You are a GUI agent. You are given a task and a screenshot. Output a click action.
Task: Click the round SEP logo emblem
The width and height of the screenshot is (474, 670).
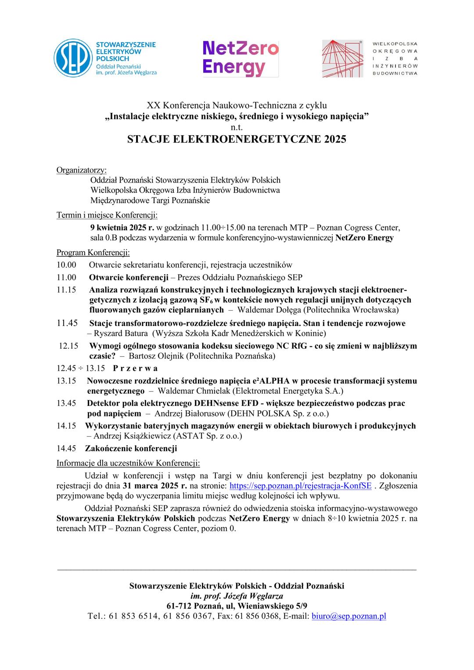pos(73,58)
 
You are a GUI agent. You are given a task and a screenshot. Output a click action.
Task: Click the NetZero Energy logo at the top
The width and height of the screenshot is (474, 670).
pos(241,58)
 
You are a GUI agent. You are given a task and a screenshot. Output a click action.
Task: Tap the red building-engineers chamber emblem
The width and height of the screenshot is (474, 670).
pos(343,58)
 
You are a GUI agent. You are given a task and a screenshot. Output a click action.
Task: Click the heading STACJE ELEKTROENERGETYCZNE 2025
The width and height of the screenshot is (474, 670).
pos(237,140)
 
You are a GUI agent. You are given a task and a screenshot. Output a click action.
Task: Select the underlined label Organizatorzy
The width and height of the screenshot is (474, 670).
pos(81,170)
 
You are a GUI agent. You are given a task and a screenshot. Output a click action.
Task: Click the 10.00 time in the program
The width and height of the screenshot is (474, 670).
pos(66,265)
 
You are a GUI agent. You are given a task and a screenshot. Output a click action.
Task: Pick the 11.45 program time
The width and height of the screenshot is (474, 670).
pos(67,323)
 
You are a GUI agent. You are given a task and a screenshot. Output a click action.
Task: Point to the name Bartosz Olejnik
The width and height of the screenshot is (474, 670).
pos(156,355)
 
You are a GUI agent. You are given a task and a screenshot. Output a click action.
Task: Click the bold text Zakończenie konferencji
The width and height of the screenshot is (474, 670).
pos(131,448)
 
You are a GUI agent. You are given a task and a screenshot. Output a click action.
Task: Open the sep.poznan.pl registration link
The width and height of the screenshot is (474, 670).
pos(301,486)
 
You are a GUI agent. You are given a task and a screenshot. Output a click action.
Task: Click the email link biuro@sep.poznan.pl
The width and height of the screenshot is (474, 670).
pos(348,616)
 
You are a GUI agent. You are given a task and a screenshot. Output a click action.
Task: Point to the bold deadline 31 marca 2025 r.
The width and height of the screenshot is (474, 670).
pos(155,486)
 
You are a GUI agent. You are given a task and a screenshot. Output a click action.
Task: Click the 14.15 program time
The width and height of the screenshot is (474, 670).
pos(66,426)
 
